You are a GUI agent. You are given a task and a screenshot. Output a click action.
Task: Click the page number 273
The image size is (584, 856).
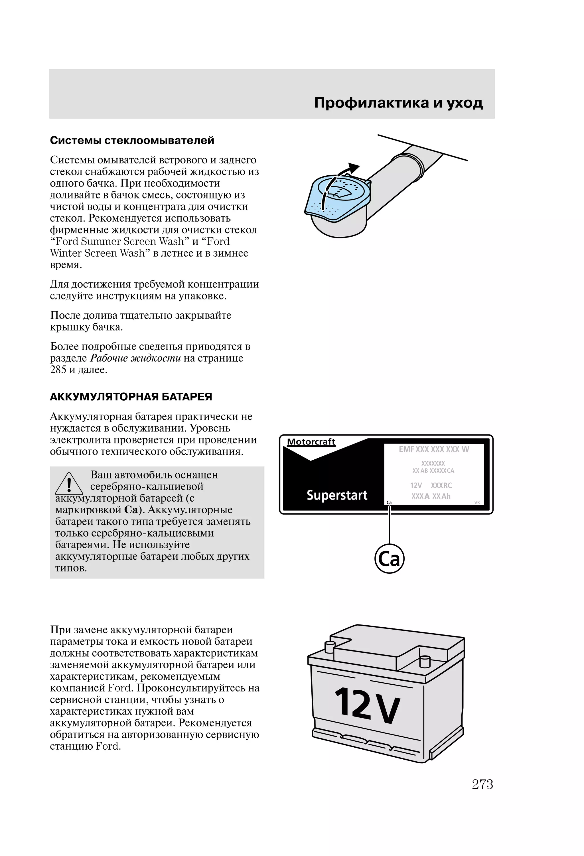click(482, 784)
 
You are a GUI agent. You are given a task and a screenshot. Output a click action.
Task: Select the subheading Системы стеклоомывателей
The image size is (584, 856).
click(132, 140)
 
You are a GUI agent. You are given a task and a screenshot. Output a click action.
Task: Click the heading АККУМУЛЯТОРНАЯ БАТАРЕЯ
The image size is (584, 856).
click(131, 397)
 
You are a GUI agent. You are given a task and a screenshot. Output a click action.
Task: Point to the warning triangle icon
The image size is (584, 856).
click(69, 484)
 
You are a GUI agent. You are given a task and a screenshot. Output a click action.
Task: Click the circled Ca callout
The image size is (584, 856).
click(390, 559)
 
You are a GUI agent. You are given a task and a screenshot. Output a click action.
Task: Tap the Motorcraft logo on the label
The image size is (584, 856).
click(311, 442)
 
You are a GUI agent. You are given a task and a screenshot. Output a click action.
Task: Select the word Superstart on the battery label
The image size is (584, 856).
click(337, 495)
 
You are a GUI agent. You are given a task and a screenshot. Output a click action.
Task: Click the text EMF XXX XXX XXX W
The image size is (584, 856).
click(434, 449)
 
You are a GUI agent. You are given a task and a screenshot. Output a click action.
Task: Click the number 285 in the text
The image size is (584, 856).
click(58, 370)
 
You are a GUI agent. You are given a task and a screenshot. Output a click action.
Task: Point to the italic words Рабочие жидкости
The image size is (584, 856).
click(135, 358)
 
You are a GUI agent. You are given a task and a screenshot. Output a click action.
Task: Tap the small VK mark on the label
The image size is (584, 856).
click(477, 502)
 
